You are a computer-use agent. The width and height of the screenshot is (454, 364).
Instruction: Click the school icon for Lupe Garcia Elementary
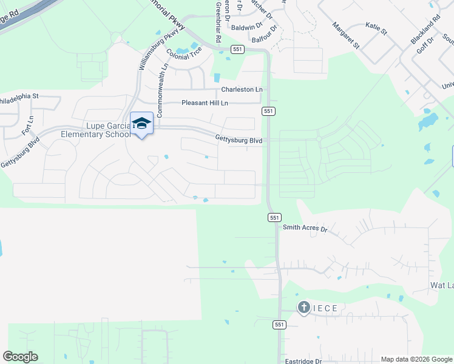point(141,123)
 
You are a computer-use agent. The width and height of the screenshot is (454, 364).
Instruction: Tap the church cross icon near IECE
point(304,308)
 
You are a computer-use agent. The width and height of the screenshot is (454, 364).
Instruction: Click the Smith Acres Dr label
point(305,229)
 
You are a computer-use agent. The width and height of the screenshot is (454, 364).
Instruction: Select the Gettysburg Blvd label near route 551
point(239,139)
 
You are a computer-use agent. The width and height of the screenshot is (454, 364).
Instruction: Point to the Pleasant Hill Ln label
point(205,103)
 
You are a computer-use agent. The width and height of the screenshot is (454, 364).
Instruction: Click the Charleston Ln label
point(242,89)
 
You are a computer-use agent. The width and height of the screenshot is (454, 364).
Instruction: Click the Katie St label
point(376,26)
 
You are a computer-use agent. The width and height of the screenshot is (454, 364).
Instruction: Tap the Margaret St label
point(346,35)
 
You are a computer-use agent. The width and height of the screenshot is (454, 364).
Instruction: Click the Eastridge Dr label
point(303,361)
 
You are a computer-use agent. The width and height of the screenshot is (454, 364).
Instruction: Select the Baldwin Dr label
point(246,26)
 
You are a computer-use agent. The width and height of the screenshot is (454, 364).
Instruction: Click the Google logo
point(20,357)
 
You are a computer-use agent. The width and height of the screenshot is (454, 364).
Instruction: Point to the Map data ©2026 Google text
point(416,359)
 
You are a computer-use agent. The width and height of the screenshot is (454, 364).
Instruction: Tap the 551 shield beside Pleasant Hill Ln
point(269,111)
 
